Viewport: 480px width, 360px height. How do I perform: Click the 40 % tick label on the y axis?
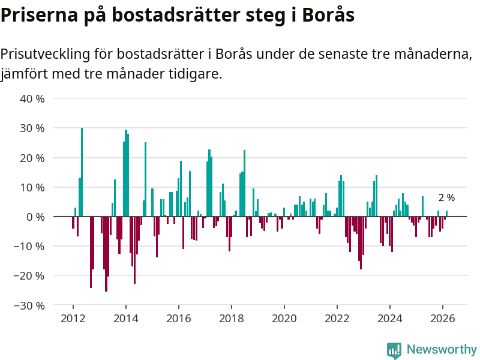click(32, 98)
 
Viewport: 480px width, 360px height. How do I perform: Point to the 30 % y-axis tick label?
click(32, 128)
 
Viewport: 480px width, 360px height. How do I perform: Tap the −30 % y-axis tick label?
click(29, 305)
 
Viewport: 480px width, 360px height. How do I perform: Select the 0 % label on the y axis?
click(35, 217)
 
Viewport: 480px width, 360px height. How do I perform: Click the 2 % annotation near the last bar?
click(446, 198)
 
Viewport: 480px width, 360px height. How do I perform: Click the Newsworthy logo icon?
click(394, 350)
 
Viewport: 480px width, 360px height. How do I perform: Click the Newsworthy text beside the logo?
click(442, 350)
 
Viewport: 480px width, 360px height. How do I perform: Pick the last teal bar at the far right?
click(447, 214)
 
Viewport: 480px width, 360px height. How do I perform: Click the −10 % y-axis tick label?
click(29, 246)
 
